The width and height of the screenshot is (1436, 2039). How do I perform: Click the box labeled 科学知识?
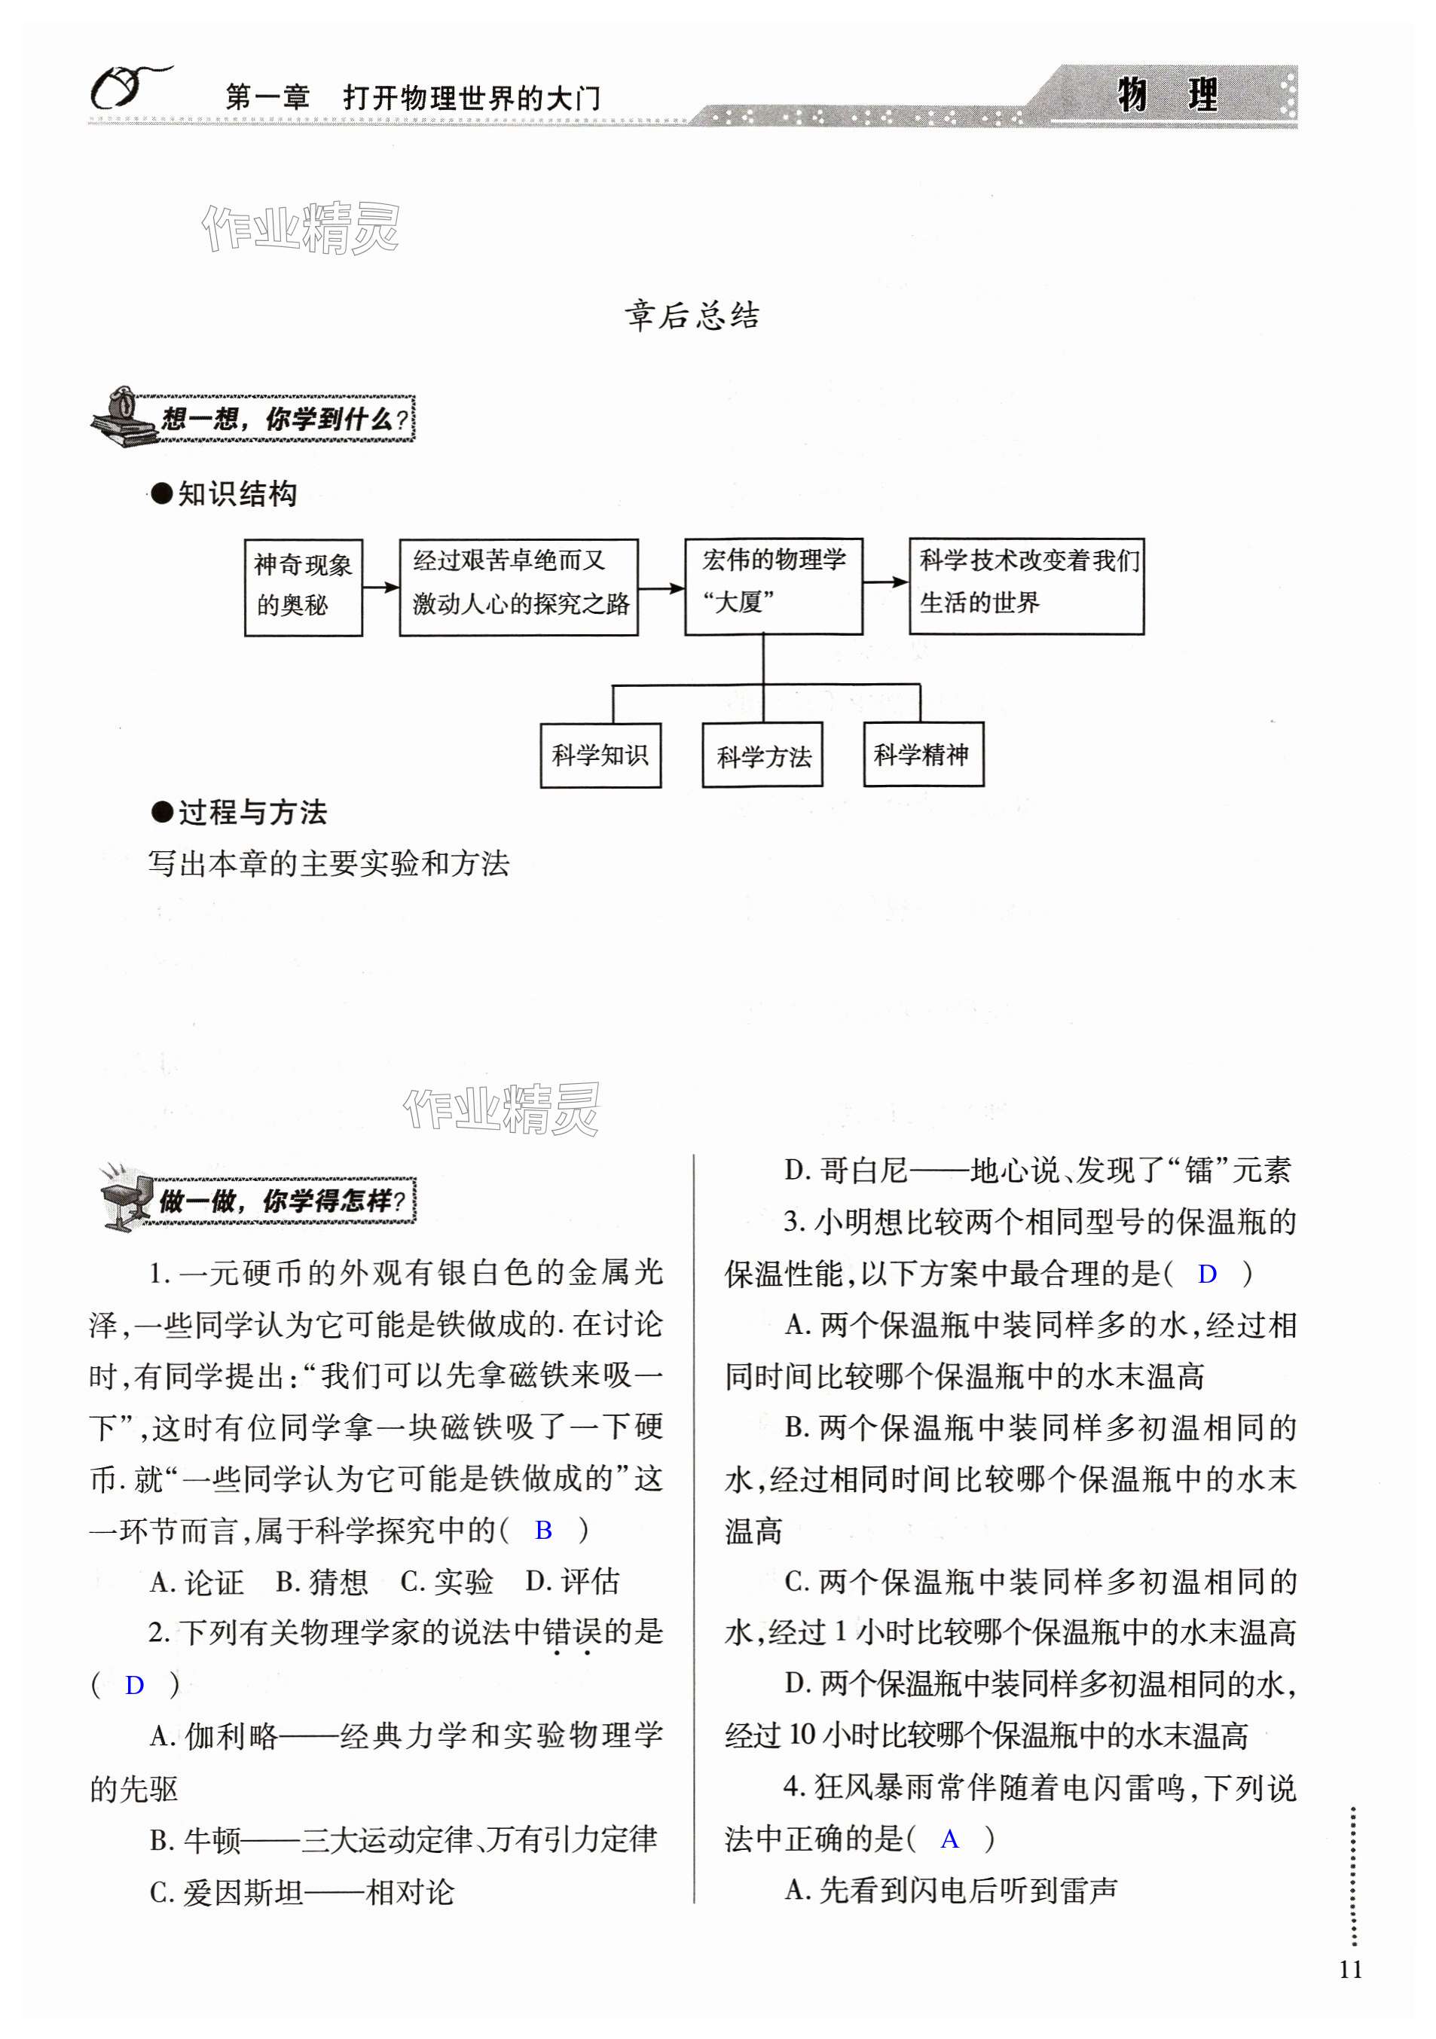point(600,755)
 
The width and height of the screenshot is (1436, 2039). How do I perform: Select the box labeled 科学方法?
point(762,755)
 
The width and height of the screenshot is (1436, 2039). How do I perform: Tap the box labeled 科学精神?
point(924,755)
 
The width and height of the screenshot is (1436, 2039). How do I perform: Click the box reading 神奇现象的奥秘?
point(304,587)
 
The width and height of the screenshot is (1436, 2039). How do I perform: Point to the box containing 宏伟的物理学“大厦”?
point(774,585)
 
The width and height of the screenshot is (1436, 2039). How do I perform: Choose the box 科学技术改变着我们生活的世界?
point(1027,585)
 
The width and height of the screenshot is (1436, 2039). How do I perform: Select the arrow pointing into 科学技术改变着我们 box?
point(885,582)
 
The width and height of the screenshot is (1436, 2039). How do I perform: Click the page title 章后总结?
point(692,316)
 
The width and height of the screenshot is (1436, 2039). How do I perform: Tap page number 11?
point(1350,1994)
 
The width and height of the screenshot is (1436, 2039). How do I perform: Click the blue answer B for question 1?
point(543,1530)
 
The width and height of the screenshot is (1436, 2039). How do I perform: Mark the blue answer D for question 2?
point(134,1685)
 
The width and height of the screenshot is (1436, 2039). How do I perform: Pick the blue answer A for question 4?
point(949,1839)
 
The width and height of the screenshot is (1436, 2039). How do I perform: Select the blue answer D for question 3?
point(1207,1274)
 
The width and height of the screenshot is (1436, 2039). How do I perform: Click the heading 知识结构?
point(237,494)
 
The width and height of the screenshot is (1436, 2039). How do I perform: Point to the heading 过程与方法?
point(252,812)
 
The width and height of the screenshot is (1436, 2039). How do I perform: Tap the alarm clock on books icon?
point(121,417)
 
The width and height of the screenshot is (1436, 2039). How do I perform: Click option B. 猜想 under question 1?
point(322,1582)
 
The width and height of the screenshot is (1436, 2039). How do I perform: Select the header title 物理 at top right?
point(1167,95)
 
